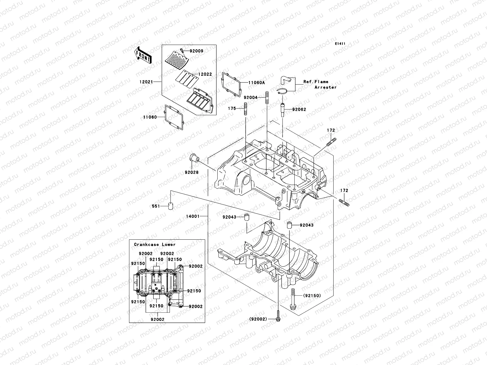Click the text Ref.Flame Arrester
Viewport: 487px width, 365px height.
(316, 85)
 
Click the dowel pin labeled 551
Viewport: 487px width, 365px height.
(171, 206)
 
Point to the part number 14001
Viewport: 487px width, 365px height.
(193, 216)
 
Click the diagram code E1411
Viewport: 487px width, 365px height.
(340, 44)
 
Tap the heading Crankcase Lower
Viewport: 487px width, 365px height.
(155, 244)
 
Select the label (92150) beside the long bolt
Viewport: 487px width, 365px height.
(312, 295)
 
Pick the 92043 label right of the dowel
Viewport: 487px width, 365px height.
(306, 225)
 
